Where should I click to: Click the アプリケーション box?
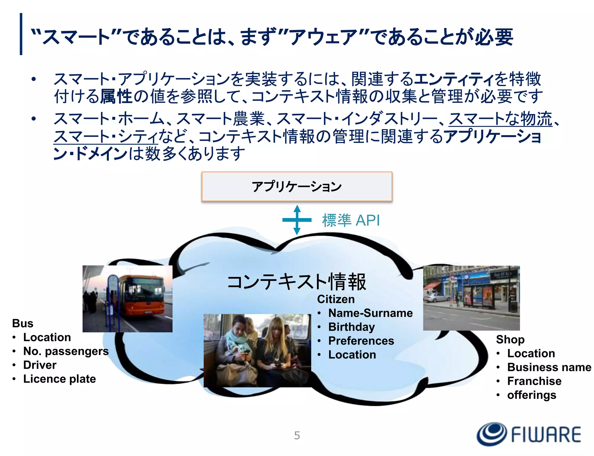pyautogui.click(x=297, y=186)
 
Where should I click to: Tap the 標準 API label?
pyautogui.click(x=351, y=220)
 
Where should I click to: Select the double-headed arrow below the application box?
pyautogui.click(x=297, y=220)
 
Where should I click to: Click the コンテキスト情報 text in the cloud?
pyautogui.click(x=296, y=282)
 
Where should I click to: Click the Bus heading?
pyautogui.click(x=23, y=323)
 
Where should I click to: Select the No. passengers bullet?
pyautogui.click(x=66, y=351)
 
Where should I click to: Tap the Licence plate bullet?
pyautogui.click(x=59, y=379)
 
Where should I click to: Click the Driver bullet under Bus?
pyautogui.click(x=40, y=365)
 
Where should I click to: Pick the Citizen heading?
pyautogui.click(x=336, y=299)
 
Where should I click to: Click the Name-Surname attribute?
pyautogui.click(x=370, y=313)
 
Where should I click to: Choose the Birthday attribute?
pyautogui.click(x=352, y=327)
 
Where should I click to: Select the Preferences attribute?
pyautogui.click(x=361, y=341)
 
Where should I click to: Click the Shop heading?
pyautogui.click(x=510, y=339)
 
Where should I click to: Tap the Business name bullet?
pyautogui.click(x=549, y=367)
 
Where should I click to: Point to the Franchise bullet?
pyautogui.click(x=534, y=381)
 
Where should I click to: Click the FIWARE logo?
pyautogui.click(x=529, y=434)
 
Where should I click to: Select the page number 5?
pyautogui.click(x=297, y=435)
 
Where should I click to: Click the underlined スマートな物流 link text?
pyautogui.click(x=500, y=119)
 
